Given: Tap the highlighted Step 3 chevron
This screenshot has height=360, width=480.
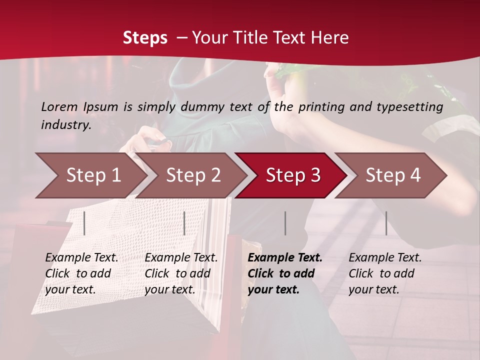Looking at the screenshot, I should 293,175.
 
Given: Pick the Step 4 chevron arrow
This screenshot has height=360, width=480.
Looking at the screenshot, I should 393,175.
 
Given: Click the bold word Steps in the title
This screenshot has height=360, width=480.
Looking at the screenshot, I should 145,37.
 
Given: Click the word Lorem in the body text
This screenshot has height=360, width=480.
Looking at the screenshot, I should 59,106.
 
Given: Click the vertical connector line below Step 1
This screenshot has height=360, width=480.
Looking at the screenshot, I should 84,223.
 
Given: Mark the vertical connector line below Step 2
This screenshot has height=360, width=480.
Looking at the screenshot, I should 184,223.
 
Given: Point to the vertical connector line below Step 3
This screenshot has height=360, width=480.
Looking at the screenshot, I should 285,223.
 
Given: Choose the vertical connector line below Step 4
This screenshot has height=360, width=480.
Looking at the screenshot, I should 386,223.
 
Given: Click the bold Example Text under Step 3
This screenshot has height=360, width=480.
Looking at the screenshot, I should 285,258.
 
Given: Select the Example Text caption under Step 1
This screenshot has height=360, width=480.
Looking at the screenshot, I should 81,258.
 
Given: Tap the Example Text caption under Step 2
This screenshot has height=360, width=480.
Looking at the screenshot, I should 181,258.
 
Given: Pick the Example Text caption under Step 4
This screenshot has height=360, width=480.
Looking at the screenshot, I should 385,258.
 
